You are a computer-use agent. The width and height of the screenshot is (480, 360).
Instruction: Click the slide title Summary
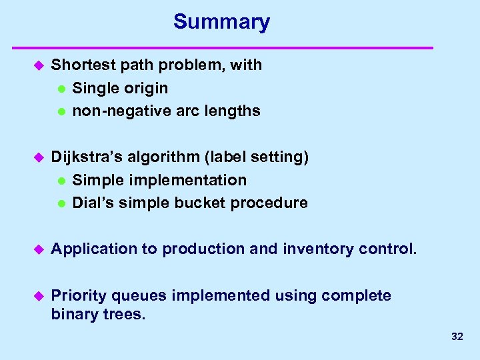coord(221,22)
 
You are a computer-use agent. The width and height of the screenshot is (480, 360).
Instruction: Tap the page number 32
coord(457,337)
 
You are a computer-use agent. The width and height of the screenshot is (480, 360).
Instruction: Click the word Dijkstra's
coord(83,157)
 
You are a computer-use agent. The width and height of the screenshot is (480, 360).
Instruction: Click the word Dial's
coord(92,203)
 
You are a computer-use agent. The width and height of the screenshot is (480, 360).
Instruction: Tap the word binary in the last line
coord(72,314)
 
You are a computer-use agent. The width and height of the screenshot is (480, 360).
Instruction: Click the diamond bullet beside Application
coord(38,249)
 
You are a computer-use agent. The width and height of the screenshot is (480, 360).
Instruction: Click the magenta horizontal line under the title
coord(224,48)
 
